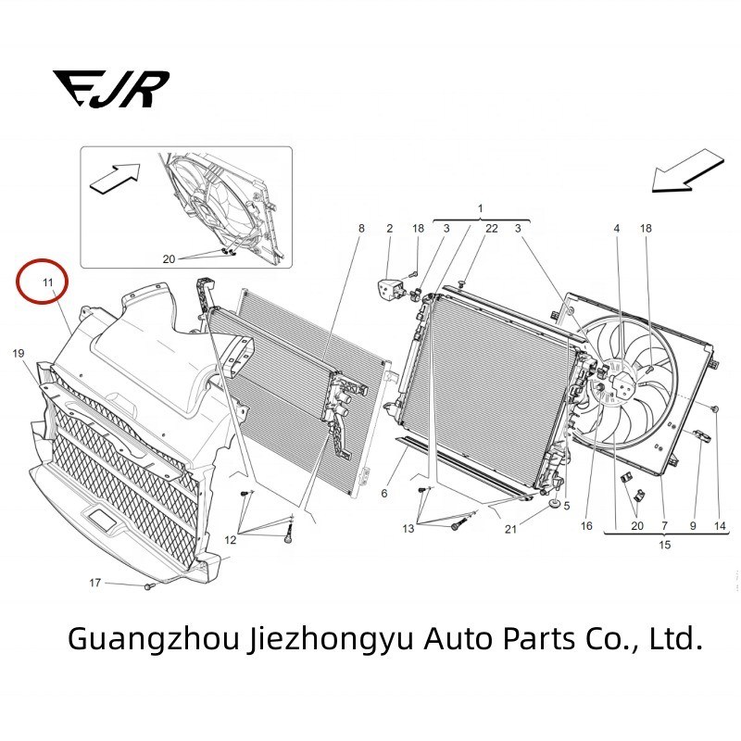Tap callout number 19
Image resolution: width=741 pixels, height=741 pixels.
(x=18, y=354)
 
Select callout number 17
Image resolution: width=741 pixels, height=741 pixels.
(x=95, y=583)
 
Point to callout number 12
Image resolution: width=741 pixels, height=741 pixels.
(x=230, y=540)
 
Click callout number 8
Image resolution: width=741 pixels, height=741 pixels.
(x=362, y=228)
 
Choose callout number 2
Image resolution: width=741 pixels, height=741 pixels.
(x=390, y=228)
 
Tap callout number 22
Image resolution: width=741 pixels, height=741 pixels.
(x=492, y=228)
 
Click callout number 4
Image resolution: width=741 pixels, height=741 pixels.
(x=617, y=228)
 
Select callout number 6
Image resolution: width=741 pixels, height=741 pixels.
(x=383, y=494)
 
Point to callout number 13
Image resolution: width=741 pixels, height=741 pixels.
(x=408, y=528)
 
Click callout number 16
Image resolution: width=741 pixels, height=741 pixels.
(x=586, y=525)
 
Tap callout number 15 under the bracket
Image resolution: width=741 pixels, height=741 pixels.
(x=664, y=546)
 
